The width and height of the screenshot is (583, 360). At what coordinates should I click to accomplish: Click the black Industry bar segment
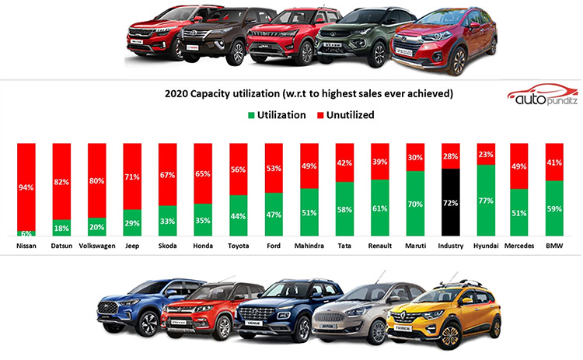[x=451, y=202]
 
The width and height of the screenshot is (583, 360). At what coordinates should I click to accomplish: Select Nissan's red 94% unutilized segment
[x=26, y=187]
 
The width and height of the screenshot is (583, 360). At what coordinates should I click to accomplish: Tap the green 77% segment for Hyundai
[x=486, y=200]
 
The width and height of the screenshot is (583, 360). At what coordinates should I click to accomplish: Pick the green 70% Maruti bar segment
[x=415, y=204]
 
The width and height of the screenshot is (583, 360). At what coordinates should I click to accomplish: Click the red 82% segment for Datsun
[x=61, y=181]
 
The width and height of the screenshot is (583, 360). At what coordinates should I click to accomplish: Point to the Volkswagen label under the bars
[x=97, y=246]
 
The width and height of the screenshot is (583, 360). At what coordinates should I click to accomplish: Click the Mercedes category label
[x=519, y=246]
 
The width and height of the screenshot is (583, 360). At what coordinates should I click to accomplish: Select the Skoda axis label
[x=168, y=246]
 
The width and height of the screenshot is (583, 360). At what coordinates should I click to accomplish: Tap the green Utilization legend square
[x=251, y=115]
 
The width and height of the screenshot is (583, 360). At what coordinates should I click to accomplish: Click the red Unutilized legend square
[x=320, y=115]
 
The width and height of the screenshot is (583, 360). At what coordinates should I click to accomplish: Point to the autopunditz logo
[x=543, y=94]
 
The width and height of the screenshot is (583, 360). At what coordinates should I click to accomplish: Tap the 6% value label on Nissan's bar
[x=26, y=233]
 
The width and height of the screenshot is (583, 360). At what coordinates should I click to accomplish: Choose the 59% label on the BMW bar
[x=554, y=209]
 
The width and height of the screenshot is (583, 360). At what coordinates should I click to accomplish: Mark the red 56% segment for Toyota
[x=239, y=170]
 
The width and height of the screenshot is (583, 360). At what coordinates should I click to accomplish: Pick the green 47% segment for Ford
[x=274, y=215]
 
